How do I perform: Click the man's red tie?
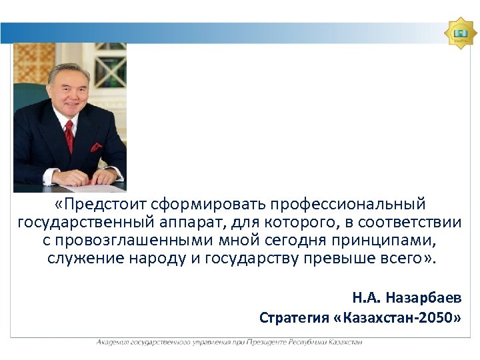coord(69,136)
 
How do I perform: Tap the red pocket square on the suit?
coord(96,147)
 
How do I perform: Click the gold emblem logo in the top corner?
coord(459,33)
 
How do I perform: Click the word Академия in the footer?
coord(113,342)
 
